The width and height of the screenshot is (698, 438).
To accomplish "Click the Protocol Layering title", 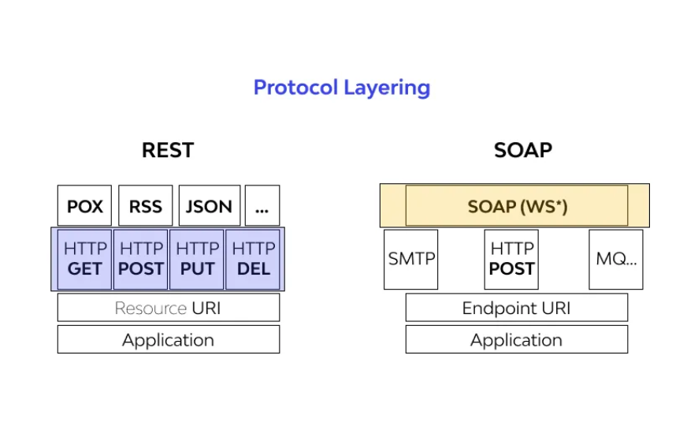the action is pos(342,88).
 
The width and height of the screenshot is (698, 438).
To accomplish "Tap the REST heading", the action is pos(168,150).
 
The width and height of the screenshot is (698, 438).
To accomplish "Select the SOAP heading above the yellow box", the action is pos(523,150).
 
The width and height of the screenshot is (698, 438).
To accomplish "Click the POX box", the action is pos(84,206).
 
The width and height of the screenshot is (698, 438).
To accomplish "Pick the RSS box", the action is pos(146,206).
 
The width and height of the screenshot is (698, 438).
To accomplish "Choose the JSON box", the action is pos(210,206).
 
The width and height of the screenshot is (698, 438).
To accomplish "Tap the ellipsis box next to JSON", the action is pos(262,206).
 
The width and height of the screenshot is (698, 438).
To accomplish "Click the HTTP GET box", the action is pos(84,259).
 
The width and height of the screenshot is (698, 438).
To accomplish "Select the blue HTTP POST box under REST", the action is pos(141,259).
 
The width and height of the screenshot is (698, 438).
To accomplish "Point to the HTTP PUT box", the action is pos(197,259).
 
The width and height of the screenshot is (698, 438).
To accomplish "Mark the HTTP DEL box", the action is pos(253,259).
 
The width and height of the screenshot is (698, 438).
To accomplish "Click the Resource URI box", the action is pos(169,307).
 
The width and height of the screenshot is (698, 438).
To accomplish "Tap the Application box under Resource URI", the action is pos(169,339).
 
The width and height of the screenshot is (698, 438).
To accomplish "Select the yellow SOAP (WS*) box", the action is pos(517,206).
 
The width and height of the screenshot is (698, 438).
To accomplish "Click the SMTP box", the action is pos(411,259).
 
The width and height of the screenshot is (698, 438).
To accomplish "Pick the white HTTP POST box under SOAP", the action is pos(511,259).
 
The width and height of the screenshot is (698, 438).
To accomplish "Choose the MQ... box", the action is pos(616,259).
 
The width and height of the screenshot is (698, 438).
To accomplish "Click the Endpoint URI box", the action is pos(517,307).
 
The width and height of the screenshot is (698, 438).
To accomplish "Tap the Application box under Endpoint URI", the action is pos(517,339).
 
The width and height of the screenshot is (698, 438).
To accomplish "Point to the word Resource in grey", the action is pos(150,309).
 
